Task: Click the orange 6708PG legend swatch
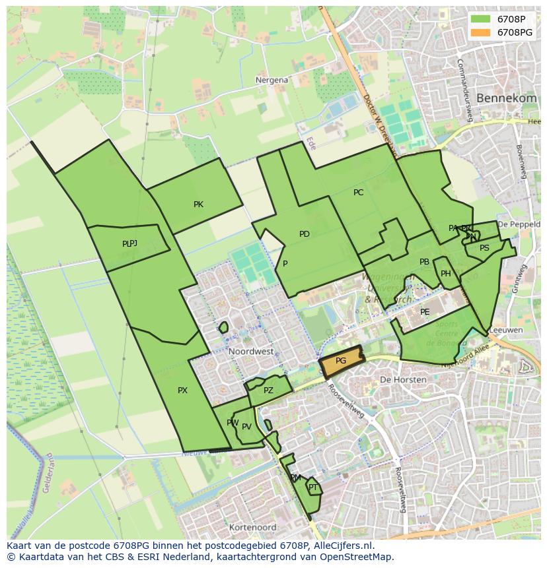click(x=481, y=32)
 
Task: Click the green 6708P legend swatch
click(x=481, y=19)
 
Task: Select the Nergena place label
click(x=272, y=80)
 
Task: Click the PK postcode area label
click(x=198, y=205)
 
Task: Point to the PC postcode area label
click(x=358, y=193)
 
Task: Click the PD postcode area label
click(x=304, y=234)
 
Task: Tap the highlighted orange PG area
click(x=341, y=361)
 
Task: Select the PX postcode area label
click(x=182, y=391)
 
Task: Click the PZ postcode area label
click(x=268, y=391)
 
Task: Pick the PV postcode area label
click(x=246, y=427)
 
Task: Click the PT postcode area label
click(x=313, y=488)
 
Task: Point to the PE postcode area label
click(x=425, y=312)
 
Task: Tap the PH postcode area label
click(x=446, y=274)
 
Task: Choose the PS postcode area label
click(x=484, y=248)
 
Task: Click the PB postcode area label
click(x=424, y=262)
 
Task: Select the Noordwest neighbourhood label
click(x=251, y=352)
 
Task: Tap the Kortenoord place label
click(x=252, y=528)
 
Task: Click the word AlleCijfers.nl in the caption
click(x=343, y=546)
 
